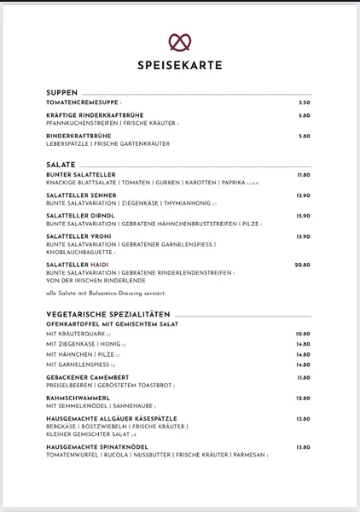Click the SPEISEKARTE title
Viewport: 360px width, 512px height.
pos(179,65)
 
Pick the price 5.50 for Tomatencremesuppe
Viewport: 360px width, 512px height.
pos(304,102)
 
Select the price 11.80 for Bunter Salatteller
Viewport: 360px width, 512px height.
pos(303,174)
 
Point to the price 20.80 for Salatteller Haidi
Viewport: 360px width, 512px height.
pos(302,265)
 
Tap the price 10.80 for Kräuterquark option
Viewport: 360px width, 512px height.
pos(303,335)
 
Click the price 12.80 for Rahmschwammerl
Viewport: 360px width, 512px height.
pos(303,398)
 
